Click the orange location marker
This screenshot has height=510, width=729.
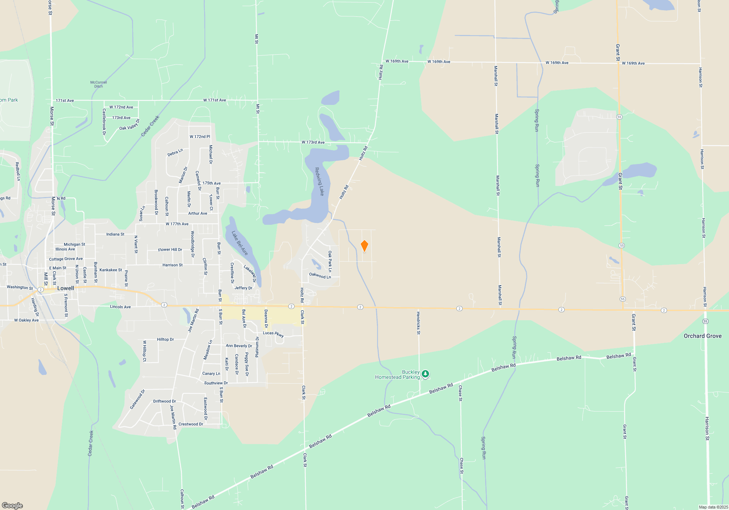click(364, 246)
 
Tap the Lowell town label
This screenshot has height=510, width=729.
click(66, 288)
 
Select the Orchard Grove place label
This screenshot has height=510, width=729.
click(702, 336)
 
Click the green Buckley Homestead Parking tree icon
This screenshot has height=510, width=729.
click(425, 374)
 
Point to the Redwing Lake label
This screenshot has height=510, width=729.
click(319, 181)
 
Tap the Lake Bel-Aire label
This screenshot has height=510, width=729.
click(239, 243)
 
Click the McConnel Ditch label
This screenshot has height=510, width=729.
click(98, 84)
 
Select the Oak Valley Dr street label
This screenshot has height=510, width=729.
click(129, 125)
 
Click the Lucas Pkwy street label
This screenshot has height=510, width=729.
click(273, 334)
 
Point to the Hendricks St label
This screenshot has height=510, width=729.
click(418, 323)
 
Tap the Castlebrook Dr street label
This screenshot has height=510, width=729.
click(104, 122)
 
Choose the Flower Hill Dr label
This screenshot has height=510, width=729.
click(170, 250)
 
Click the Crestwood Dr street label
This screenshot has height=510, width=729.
click(191, 424)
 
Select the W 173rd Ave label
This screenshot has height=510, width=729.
click(313, 142)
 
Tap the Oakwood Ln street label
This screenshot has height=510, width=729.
click(320, 275)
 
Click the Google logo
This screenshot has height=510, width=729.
click(12, 505)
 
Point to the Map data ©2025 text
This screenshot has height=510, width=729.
click(713, 507)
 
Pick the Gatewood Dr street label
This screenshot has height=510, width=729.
click(137, 399)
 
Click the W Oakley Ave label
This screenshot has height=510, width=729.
click(26, 320)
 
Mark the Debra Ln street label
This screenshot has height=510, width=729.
click(175, 153)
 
